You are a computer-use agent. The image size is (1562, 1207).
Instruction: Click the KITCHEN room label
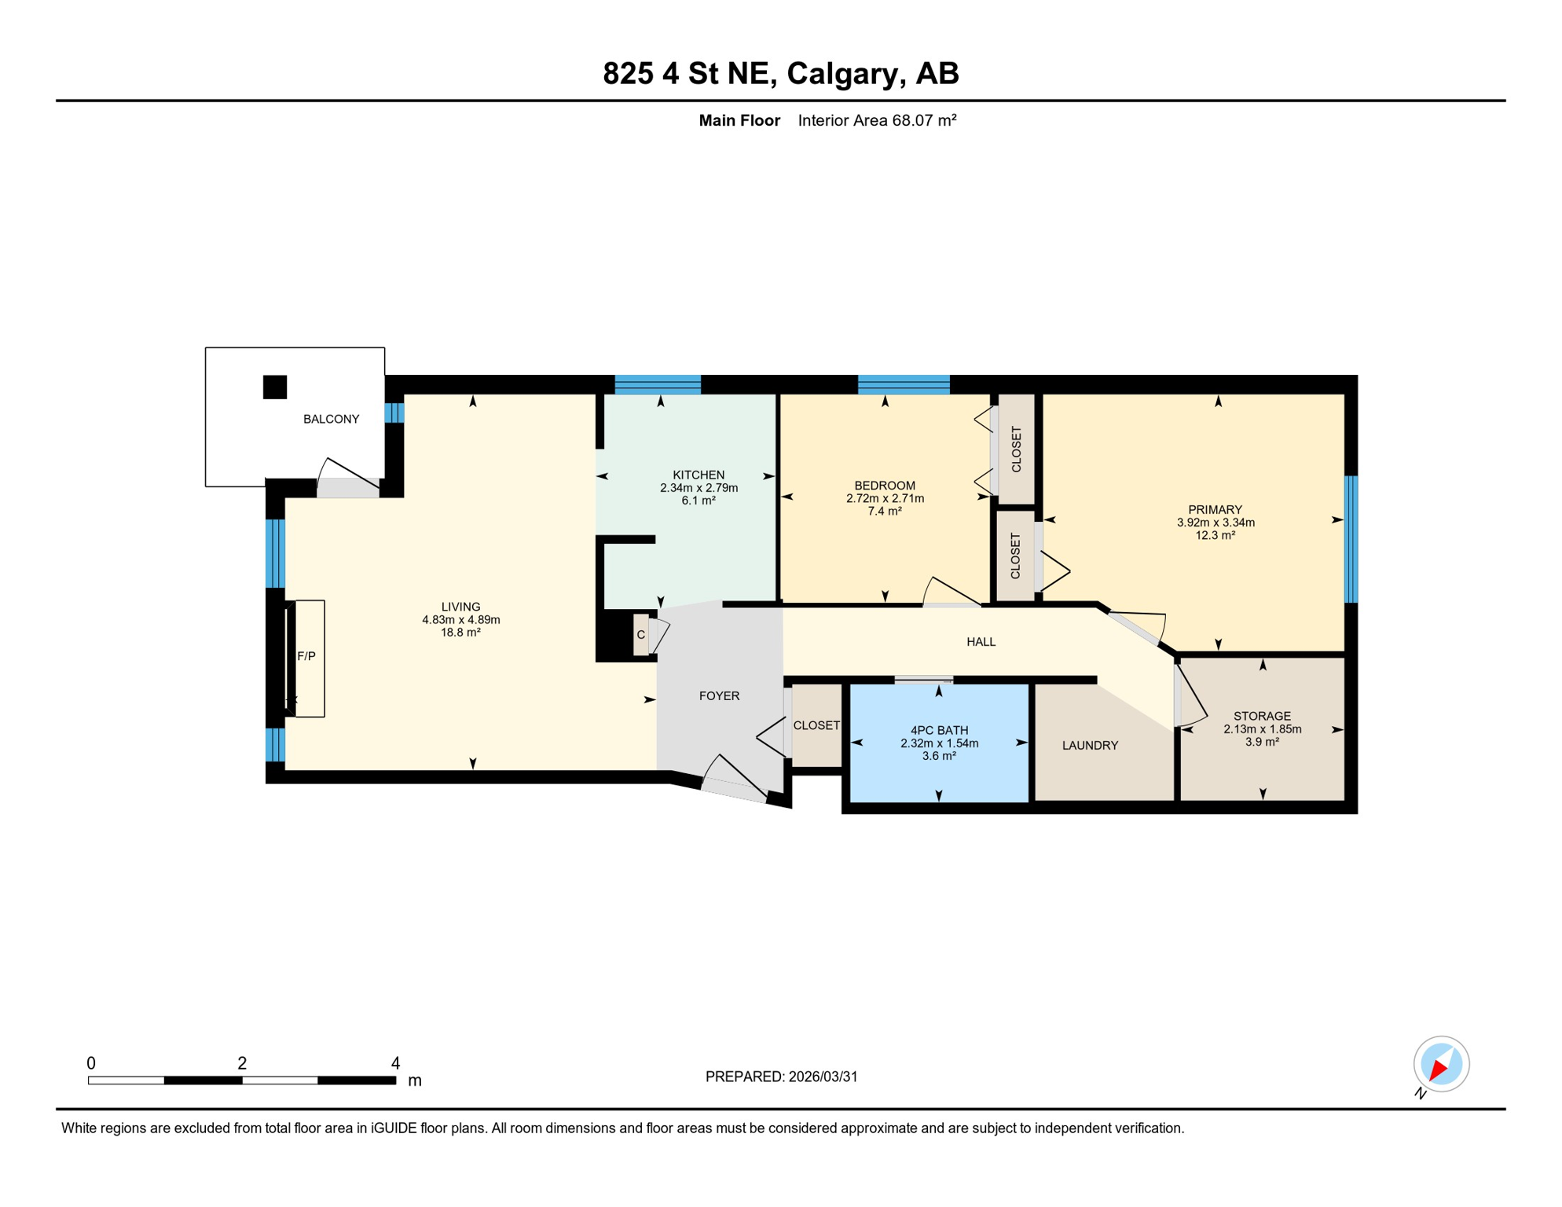pyautogui.click(x=698, y=475)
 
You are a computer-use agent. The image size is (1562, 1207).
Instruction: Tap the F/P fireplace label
pyautogui.click(x=306, y=656)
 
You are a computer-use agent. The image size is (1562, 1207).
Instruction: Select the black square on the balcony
pyautogui.click(x=275, y=387)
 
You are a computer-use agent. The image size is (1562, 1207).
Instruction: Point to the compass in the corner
pyautogui.click(x=1441, y=1065)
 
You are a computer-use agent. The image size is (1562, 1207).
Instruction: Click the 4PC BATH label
pyautogui.click(x=939, y=730)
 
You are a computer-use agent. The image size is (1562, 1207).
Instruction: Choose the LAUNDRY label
pyautogui.click(x=1090, y=745)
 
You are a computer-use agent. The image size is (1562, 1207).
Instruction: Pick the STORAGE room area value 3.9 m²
pyautogui.click(x=1262, y=741)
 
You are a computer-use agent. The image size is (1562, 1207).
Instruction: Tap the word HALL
pyautogui.click(x=981, y=642)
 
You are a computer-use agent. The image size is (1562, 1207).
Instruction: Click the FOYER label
pyautogui.click(x=719, y=695)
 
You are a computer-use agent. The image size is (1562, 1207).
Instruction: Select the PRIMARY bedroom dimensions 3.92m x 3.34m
pyautogui.click(x=1215, y=523)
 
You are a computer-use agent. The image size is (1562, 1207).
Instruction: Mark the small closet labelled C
pyautogui.click(x=641, y=634)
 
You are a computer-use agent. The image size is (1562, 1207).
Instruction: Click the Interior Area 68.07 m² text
pyautogui.click(x=877, y=120)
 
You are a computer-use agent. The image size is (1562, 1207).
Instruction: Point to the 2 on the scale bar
pyautogui.click(x=242, y=1063)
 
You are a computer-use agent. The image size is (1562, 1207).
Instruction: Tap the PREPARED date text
pyautogui.click(x=781, y=1077)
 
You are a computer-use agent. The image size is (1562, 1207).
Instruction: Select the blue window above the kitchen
pyautogui.click(x=658, y=384)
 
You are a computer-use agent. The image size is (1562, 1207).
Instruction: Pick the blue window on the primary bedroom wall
pyautogui.click(x=1351, y=539)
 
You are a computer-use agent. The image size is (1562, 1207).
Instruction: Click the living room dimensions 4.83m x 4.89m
pyautogui.click(x=461, y=619)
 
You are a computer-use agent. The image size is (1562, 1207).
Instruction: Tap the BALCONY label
pyautogui.click(x=332, y=419)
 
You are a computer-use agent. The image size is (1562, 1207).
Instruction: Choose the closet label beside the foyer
pyautogui.click(x=816, y=725)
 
